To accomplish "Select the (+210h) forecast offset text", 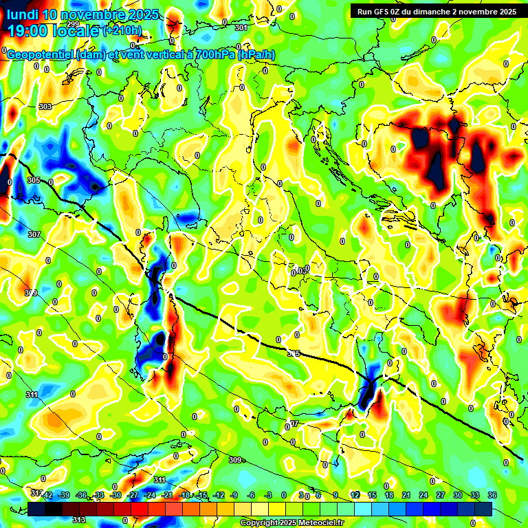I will (123, 31).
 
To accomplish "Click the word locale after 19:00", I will (75, 31).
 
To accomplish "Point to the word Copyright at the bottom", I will (261, 523).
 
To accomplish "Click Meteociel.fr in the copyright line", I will (320, 523).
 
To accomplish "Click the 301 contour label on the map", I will (241, 27).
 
